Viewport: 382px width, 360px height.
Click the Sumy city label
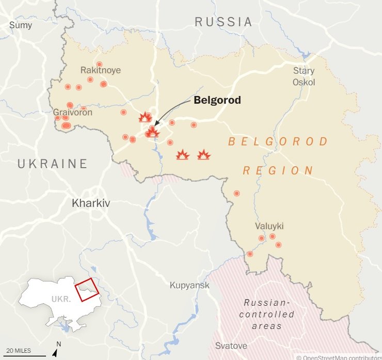20,25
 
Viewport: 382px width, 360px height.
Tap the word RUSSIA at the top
224,22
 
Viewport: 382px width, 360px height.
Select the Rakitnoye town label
100,70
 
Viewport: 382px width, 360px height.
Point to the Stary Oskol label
304,76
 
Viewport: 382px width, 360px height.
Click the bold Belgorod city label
217,100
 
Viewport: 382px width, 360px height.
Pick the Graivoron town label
73,112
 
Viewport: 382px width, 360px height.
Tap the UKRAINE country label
52,164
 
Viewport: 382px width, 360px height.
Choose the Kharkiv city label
91,203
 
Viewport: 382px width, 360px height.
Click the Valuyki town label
269,226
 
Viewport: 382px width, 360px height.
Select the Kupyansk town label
189,286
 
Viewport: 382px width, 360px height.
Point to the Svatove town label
231,346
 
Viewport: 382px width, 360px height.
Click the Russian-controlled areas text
267,315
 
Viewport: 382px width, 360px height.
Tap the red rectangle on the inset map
86,289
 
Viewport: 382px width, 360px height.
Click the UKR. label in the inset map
61,299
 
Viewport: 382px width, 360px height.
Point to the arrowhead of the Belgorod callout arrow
155,124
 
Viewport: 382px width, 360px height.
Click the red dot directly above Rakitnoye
99,64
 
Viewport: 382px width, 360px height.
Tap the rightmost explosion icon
204,154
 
